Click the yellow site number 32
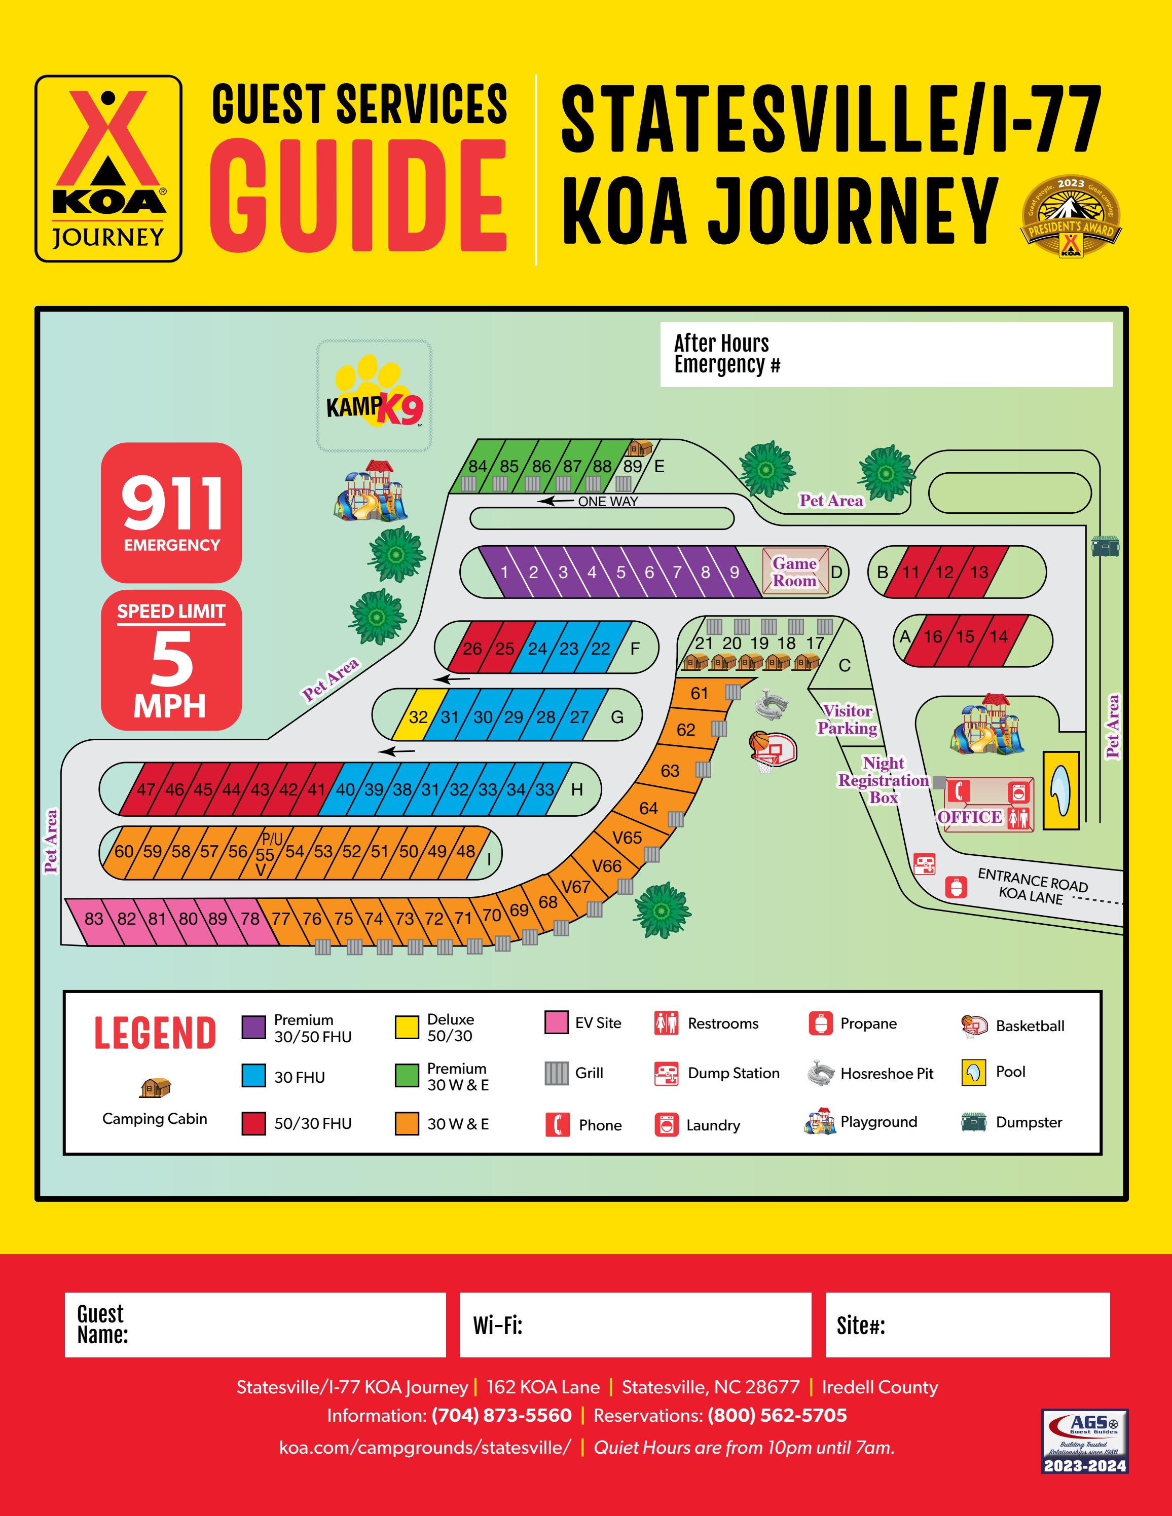(418, 716)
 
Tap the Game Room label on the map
(794, 572)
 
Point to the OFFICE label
(969, 817)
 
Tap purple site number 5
(620, 573)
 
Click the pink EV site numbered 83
(94, 918)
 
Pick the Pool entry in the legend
(1009, 1071)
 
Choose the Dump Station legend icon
(666, 1073)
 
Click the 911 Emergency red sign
(171, 512)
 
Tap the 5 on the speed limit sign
(171, 659)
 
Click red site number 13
(979, 572)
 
